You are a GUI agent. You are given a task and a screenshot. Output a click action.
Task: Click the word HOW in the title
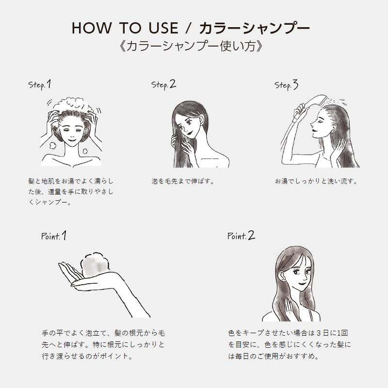pyautogui.click(x=91, y=28)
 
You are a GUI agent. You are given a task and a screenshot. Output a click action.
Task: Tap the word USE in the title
pyautogui.click(x=163, y=28)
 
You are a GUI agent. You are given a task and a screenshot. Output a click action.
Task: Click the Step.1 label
pyautogui.click(x=40, y=85)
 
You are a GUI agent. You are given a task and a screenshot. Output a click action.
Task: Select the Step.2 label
pyautogui.click(x=163, y=85)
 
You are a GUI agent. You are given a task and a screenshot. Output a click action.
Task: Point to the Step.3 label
pyautogui.click(x=286, y=85)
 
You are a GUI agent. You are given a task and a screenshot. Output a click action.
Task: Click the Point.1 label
pyautogui.click(x=54, y=236)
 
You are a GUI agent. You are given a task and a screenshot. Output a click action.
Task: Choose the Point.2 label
pyautogui.click(x=241, y=236)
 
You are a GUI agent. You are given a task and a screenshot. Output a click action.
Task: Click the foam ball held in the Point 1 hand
pyautogui.click(x=95, y=265)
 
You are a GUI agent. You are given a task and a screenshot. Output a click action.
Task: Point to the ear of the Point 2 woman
pyautogui.click(x=281, y=276)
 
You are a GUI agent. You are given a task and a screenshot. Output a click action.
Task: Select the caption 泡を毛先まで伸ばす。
pyautogui.click(x=183, y=181)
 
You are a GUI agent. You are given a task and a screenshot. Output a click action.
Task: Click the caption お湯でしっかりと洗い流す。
pyautogui.click(x=316, y=181)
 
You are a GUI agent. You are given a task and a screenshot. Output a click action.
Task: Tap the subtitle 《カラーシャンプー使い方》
pyautogui.click(x=191, y=46)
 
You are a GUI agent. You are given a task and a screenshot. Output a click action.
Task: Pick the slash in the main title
pyautogui.click(x=189, y=28)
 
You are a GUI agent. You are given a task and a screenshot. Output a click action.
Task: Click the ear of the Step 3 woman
pyautogui.click(x=335, y=129)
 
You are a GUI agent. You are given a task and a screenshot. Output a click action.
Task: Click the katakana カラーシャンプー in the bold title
pyautogui.click(x=254, y=28)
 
